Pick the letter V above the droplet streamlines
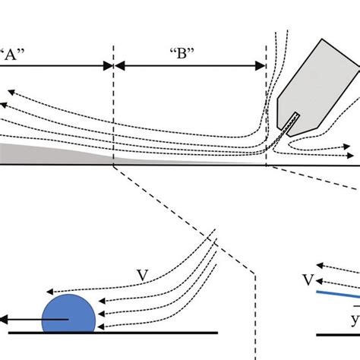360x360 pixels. [x=142, y=275]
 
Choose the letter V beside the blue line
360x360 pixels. [x=307, y=281]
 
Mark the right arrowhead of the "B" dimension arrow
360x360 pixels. [x=261, y=67]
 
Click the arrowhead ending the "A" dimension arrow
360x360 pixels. [x=109, y=67]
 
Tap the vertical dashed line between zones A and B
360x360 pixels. [x=114, y=106]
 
